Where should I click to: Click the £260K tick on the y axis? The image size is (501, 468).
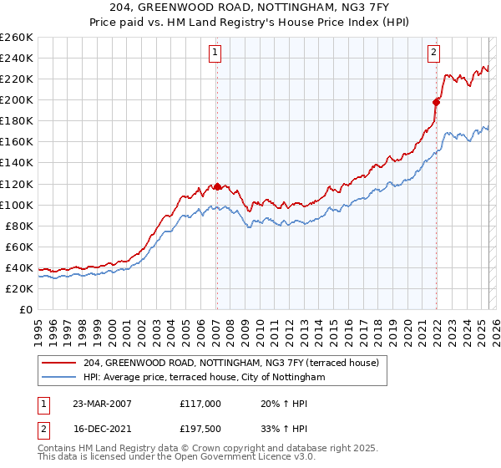pyautogui.click(x=16, y=38)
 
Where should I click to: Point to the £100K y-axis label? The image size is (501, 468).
pyautogui.click(x=16, y=205)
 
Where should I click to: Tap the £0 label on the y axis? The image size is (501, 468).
pyautogui.click(x=25, y=309)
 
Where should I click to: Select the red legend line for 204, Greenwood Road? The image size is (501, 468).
pyautogui.click(x=60, y=363)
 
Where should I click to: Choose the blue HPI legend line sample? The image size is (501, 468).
pyautogui.click(x=60, y=378)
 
